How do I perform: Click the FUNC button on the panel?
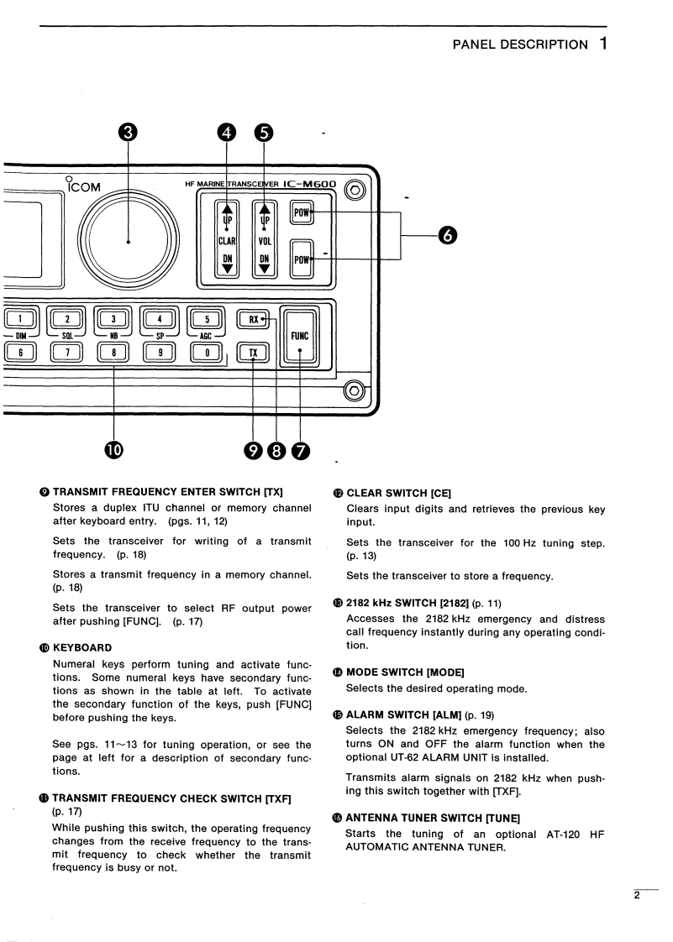coord(300,336)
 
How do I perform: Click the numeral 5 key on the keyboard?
coord(202,318)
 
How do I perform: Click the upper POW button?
coord(302,212)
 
